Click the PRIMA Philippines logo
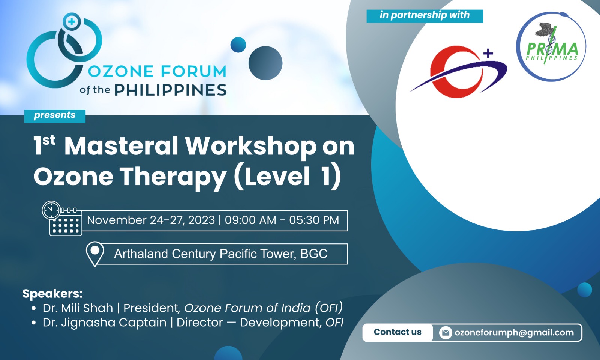(551, 47)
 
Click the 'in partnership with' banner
(424, 15)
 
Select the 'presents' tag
(55, 115)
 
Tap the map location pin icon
(95, 253)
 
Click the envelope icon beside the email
(445, 333)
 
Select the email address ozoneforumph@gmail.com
(514, 333)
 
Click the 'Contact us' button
(397, 332)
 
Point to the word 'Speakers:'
(52, 293)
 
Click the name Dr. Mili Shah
(78, 308)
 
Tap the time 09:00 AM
(250, 220)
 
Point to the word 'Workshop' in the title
(251, 146)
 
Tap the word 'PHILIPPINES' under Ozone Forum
(170, 90)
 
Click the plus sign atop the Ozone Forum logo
(72, 21)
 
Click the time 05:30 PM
(314, 220)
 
